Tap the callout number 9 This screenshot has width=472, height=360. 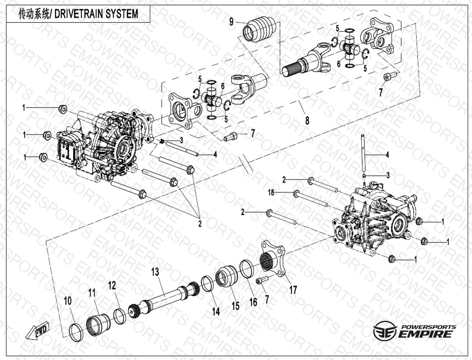(x=232, y=21)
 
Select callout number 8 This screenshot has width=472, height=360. (x=307, y=121)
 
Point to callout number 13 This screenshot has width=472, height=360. (x=155, y=271)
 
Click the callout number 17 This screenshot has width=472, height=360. (x=293, y=290)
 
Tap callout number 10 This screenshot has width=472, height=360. (x=68, y=300)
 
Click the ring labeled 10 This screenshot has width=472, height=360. (x=75, y=331)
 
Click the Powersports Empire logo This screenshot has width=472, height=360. (x=415, y=331)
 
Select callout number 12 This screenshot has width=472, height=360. (x=112, y=285)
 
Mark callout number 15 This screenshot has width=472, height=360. (x=236, y=305)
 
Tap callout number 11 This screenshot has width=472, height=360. (x=92, y=292)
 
